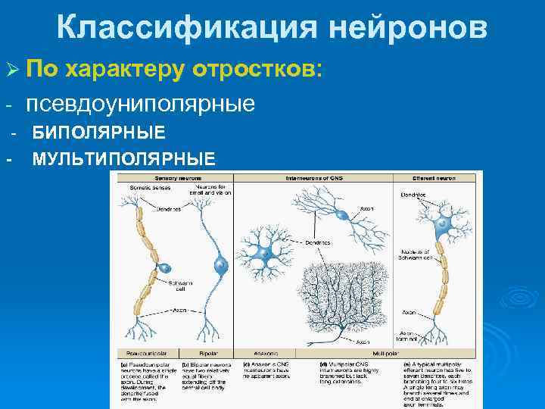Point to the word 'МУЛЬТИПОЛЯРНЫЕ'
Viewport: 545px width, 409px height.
pyautogui.click(x=123, y=158)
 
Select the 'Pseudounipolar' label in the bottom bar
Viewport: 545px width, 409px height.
pyautogui.click(x=145, y=353)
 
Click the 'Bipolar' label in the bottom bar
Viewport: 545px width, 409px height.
pyautogui.click(x=208, y=353)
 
